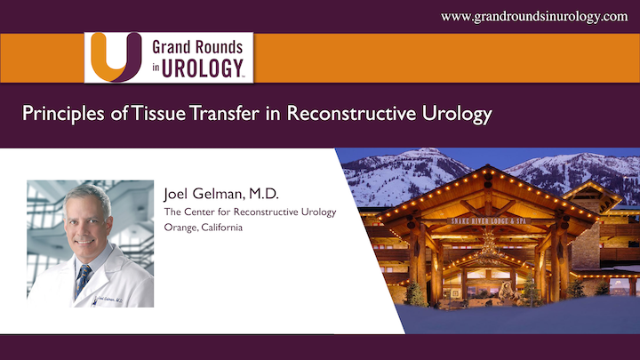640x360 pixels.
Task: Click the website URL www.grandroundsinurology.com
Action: point(534,16)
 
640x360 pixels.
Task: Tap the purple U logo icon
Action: point(114,56)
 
